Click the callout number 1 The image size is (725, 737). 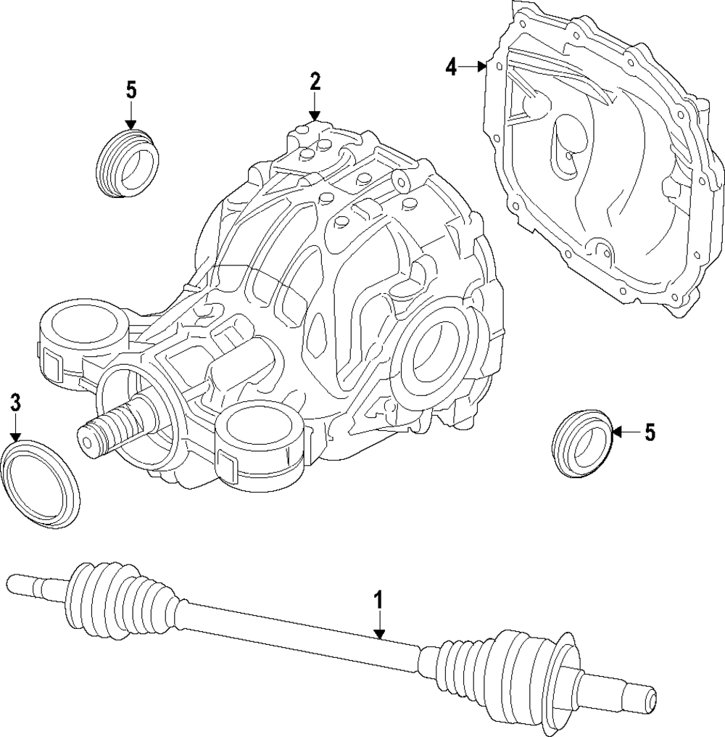point(378,601)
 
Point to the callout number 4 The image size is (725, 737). point(451,67)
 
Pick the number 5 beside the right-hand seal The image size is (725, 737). point(650,433)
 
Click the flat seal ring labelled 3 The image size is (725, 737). point(41,482)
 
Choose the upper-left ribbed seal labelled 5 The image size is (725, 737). point(127,163)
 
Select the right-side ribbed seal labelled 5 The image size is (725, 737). point(584,443)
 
